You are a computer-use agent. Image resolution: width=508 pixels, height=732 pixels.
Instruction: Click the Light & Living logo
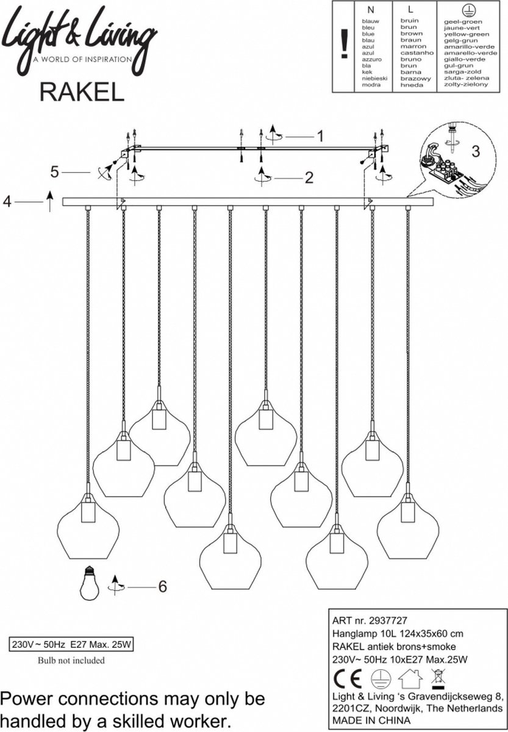coord(79,38)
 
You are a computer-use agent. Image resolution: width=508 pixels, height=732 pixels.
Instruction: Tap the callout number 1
coord(318,136)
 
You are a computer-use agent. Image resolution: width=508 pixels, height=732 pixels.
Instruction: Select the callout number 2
coord(309,178)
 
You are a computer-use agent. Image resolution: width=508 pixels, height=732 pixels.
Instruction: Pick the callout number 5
coord(55,173)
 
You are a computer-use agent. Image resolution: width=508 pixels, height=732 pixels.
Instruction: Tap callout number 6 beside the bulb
coord(162,587)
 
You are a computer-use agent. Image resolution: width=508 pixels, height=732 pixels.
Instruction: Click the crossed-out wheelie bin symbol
coord(437,676)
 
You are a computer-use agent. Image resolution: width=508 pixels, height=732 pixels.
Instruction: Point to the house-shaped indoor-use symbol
coord(410,678)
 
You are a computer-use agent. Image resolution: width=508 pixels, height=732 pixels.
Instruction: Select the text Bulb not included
coord(71,660)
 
